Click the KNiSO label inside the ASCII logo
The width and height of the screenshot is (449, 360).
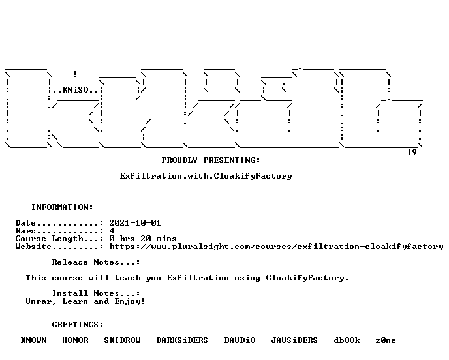point(76,90)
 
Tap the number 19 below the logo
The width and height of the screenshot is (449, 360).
point(412,153)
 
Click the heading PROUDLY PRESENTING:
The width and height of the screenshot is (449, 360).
point(211,160)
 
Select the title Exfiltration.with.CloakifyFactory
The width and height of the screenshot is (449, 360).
point(206,176)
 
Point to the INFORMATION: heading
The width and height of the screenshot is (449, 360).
point(62,207)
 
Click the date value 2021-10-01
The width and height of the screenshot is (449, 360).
point(135,223)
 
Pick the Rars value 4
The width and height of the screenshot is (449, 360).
point(112,231)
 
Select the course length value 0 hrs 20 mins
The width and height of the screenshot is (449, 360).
point(143,239)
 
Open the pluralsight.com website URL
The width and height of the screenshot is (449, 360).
point(276,247)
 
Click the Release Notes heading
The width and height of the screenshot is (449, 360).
point(96,262)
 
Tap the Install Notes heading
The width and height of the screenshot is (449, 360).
point(96,293)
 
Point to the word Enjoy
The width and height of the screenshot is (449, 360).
point(127,301)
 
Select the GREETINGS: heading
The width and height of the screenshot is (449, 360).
point(78,325)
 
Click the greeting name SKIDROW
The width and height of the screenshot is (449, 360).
point(122,340)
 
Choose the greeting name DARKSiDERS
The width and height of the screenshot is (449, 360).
point(182,340)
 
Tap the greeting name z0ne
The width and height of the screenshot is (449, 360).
point(386,340)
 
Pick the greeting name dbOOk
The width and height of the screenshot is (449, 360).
point(347,340)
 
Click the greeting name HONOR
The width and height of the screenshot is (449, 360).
point(75,340)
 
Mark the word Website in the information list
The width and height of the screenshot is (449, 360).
point(33,247)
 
